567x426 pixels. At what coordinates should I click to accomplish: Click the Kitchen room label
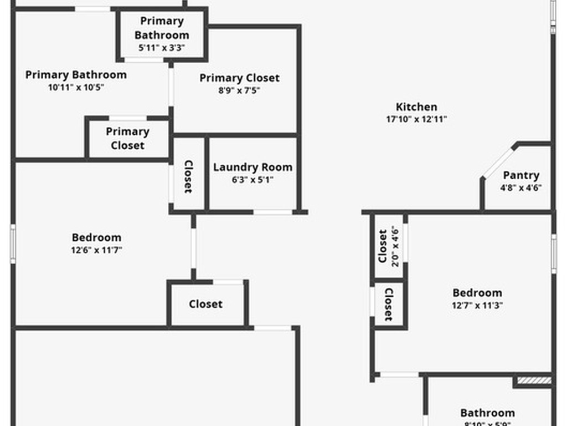pos(416,106)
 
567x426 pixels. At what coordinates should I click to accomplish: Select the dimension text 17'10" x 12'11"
pos(416,119)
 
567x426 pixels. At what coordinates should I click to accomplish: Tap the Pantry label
pos(521,175)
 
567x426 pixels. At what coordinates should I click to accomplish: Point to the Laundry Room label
pos(252,167)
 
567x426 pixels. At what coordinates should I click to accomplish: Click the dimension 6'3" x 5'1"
pos(252,180)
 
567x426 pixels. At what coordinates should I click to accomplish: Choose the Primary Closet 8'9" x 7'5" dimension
pos(239,91)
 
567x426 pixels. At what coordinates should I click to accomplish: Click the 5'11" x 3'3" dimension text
pos(162,48)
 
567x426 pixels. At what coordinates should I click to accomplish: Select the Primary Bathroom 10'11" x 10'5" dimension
pos(76,87)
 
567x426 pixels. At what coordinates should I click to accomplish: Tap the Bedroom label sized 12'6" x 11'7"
pos(96,237)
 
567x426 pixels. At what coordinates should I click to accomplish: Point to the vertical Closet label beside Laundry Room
pos(188,176)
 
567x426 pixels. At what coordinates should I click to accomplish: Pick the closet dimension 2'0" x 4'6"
pos(395,246)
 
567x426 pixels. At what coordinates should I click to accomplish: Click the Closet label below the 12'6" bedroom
pos(205,304)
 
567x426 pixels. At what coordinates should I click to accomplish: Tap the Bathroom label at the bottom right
pos(487,413)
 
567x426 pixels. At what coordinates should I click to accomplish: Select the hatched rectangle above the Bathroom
pos(533,381)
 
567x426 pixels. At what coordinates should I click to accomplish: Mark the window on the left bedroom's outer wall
pos(13,244)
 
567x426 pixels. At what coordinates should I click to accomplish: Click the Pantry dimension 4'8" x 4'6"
pos(521,188)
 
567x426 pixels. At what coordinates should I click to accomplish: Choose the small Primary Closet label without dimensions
pos(127,138)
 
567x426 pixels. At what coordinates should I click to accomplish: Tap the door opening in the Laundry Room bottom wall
pos(272,212)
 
